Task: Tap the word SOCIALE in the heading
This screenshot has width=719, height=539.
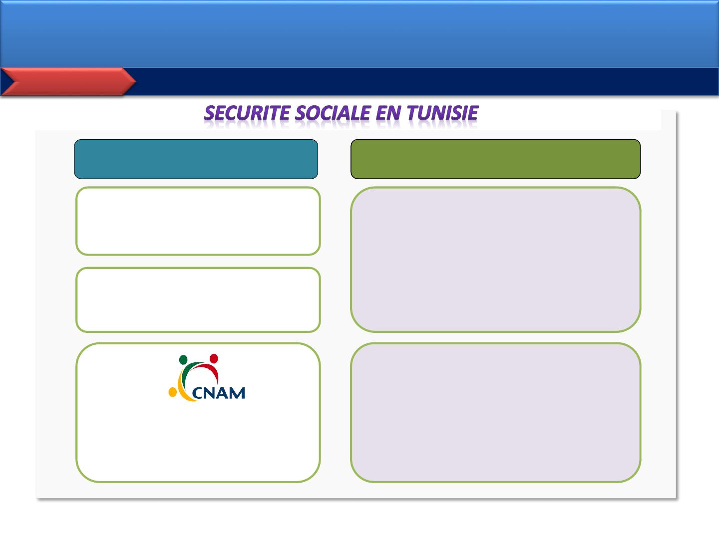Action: (x=333, y=113)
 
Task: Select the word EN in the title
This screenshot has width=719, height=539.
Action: (x=388, y=113)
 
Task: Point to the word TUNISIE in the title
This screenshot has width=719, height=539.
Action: (x=442, y=113)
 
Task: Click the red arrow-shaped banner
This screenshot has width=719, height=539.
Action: (x=68, y=81)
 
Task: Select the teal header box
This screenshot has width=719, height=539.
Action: (x=196, y=159)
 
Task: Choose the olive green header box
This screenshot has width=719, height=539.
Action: (x=495, y=159)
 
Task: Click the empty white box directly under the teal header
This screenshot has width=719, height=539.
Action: (x=198, y=221)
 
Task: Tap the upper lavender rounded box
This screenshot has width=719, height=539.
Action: (x=495, y=260)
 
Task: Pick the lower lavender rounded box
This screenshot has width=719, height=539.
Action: (x=495, y=413)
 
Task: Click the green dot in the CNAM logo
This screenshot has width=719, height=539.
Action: (x=183, y=360)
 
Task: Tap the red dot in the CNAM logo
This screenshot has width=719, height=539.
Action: (x=214, y=359)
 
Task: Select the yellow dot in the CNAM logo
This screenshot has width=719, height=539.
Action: (x=173, y=392)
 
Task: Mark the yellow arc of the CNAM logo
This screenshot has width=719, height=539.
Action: (x=182, y=389)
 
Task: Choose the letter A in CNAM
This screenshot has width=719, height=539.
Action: (x=225, y=393)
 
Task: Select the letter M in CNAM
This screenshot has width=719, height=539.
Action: (x=238, y=393)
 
